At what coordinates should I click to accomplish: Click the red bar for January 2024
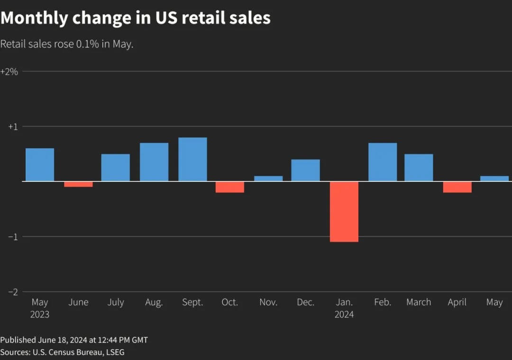344,212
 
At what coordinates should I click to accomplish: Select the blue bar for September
192,159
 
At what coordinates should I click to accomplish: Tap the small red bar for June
78,184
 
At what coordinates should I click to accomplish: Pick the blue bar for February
383,162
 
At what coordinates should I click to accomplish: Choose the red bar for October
230,187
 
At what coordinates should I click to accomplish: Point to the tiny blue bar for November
268,179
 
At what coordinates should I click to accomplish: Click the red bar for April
457,187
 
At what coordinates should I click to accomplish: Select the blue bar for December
305,170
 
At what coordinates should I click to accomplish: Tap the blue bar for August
154,162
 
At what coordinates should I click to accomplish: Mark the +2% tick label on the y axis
9,72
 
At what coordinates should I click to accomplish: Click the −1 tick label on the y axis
13,237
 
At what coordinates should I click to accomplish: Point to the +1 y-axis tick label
13,126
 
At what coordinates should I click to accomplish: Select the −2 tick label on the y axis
13,292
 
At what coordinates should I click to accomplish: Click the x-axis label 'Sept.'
192,302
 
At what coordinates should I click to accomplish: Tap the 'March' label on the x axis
419,302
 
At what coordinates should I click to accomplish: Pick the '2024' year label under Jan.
344,315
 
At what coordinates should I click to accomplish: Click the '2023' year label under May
40,315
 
